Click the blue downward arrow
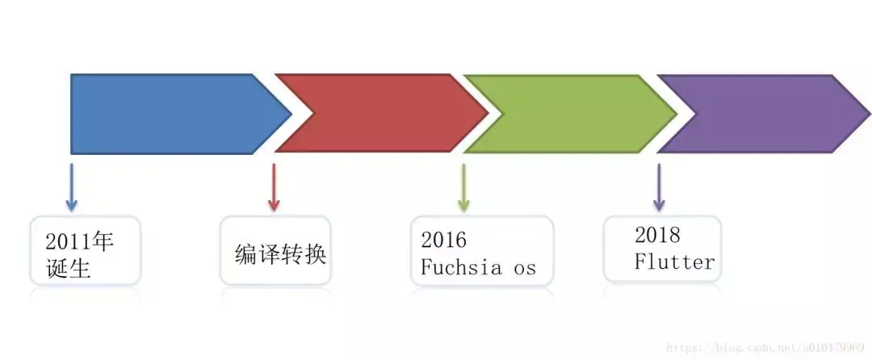[x=72, y=187]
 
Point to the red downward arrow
[x=274, y=187]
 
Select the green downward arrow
[x=463, y=187]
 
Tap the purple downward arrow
[x=659, y=187]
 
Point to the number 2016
[x=444, y=240]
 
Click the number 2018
[x=657, y=235]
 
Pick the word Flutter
[x=674, y=262]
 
